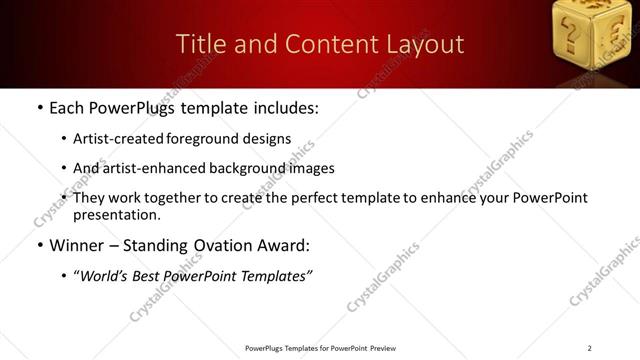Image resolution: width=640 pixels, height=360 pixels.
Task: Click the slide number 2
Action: (x=589, y=348)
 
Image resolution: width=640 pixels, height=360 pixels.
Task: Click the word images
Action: (x=311, y=168)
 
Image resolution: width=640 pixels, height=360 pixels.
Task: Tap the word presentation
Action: (x=116, y=214)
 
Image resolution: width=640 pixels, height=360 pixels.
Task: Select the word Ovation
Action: (x=212, y=244)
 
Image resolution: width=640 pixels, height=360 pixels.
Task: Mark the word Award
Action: (x=284, y=244)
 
